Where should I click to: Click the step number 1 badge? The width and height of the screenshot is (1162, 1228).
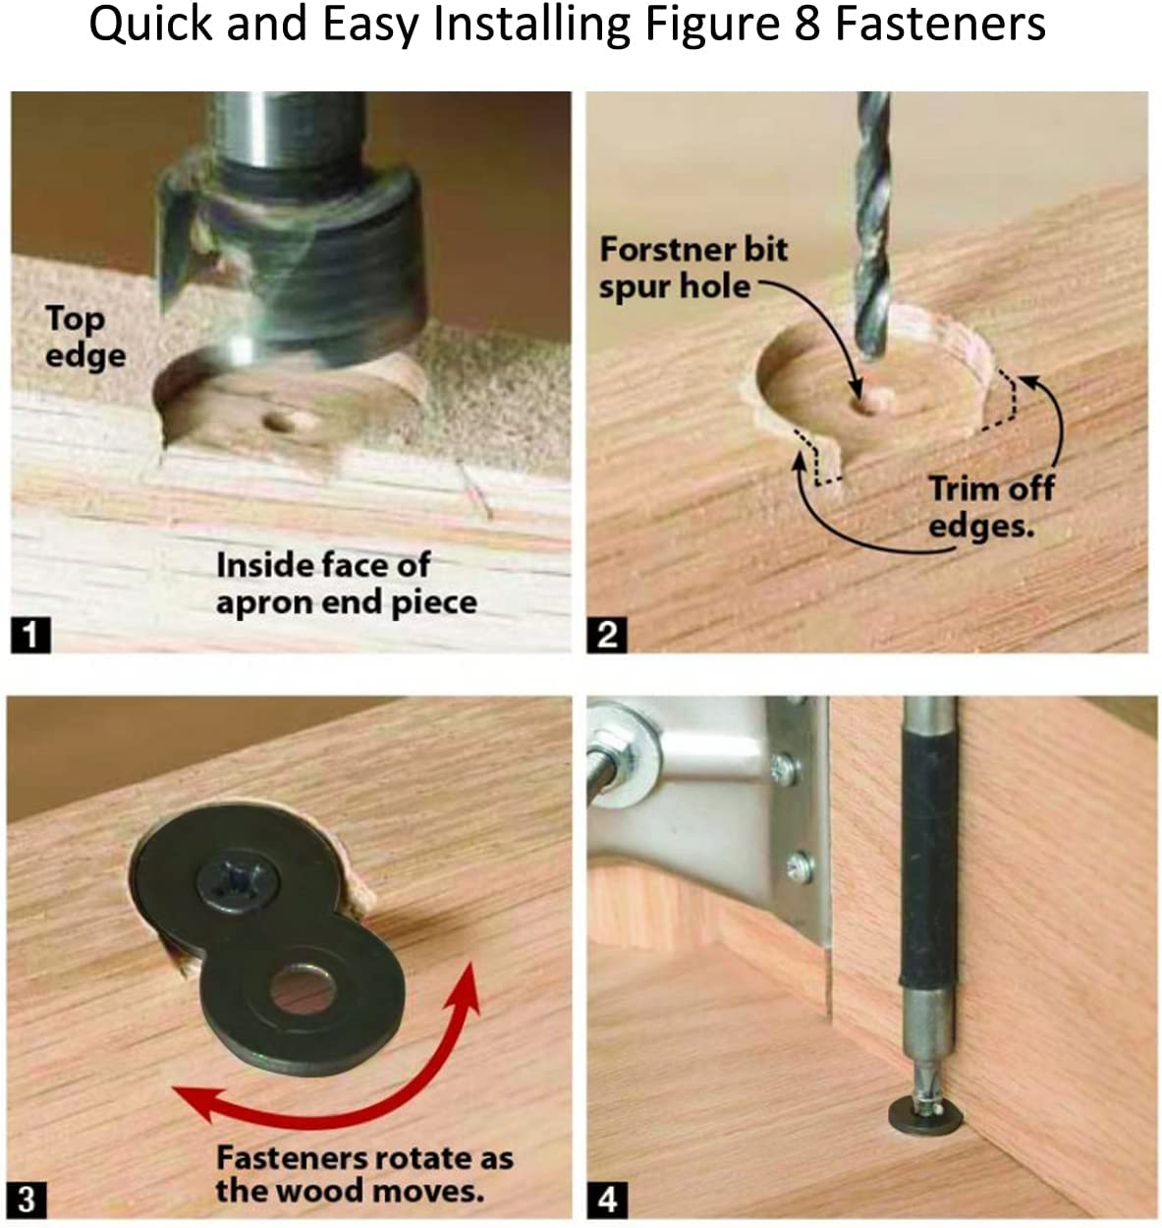[30, 636]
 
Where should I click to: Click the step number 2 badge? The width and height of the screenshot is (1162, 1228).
[607, 636]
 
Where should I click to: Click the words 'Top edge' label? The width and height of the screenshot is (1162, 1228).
[84, 337]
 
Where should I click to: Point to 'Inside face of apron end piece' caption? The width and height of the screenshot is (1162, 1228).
[347, 584]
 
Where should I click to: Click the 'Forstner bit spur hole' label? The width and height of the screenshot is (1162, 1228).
[693, 268]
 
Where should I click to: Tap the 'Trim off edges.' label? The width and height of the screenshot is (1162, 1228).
[991, 507]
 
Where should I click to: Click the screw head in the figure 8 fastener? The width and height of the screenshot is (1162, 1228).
[238, 880]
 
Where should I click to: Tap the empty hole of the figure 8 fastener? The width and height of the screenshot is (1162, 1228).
[303, 989]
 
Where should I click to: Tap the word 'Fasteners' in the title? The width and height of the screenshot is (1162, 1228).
[940, 25]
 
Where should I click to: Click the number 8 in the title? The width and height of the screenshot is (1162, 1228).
[806, 25]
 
